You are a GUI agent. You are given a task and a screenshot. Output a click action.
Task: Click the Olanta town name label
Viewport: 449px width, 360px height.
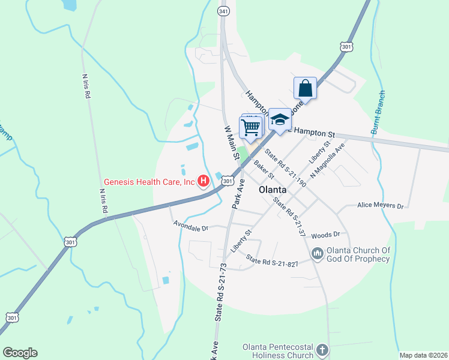(272, 190)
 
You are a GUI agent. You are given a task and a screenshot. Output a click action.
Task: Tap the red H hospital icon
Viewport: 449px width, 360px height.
(203, 180)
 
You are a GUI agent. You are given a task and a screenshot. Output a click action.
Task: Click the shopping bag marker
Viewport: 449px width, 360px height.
(305, 88)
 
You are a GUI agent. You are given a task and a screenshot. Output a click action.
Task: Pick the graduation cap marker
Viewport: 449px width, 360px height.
(280, 119)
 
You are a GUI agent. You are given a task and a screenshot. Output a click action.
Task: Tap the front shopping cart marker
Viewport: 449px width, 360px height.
(250, 127)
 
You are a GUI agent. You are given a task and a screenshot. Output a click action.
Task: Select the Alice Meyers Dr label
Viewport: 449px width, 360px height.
(381, 205)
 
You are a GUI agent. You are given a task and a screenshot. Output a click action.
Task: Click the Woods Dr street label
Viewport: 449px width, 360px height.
(326, 235)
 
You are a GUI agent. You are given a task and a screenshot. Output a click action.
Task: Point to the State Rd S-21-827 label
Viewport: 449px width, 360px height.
(272, 262)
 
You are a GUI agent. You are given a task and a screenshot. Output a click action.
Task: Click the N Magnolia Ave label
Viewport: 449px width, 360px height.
(327, 157)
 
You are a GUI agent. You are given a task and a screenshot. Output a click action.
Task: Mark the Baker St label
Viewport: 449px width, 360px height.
(264, 169)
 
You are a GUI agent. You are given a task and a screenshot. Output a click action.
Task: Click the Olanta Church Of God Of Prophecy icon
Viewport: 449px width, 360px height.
(318, 254)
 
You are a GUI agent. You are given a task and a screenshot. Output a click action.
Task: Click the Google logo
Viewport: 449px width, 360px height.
(20, 353)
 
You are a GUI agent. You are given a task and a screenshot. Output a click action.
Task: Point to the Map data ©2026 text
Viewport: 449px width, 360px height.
(423, 355)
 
